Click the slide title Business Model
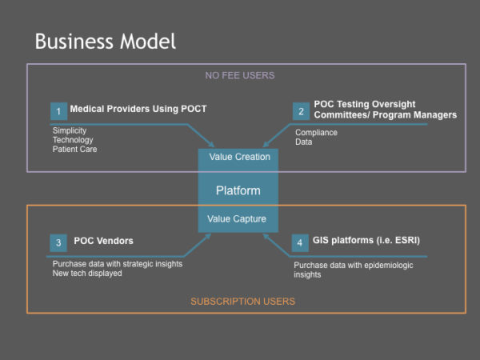(105, 41)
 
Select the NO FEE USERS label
(240, 76)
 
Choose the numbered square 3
(58, 242)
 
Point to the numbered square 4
(299, 242)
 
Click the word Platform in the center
(238, 190)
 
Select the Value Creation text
(239, 157)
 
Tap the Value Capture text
(238, 218)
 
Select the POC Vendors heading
(103, 240)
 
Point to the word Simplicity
(70, 130)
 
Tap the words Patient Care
(76, 150)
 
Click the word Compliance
(316, 133)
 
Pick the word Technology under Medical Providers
(74, 140)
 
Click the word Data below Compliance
(304, 142)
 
